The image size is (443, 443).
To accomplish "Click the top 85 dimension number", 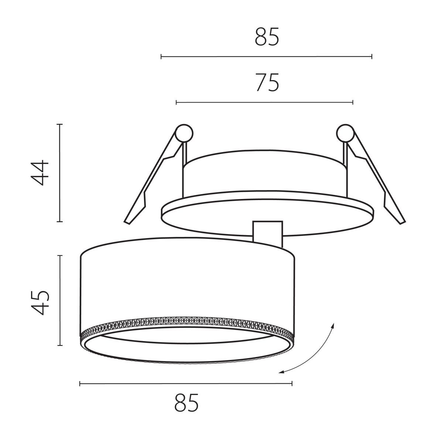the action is [267, 37].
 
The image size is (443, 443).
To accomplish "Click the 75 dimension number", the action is [267, 82].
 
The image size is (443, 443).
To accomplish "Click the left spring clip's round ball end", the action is [184, 133].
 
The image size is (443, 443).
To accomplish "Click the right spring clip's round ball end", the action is [345, 133].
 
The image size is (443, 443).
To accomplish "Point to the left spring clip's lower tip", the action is [127, 223].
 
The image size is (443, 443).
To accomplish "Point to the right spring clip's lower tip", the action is [402, 223].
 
